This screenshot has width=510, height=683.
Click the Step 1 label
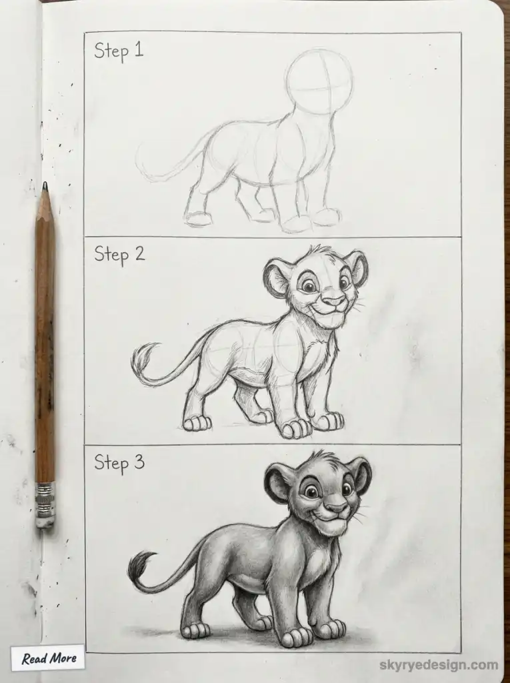coord(119,51)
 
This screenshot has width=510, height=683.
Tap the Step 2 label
coord(119,254)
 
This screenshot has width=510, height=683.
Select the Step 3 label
coord(119,462)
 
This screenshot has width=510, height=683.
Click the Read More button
coord(48,658)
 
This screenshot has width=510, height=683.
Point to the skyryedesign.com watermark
coord(439,665)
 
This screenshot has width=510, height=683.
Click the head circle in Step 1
coord(320,82)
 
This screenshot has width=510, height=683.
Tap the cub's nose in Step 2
coord(334,301)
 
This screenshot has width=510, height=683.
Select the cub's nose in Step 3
coord(337,508)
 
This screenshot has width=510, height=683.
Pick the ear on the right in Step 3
coord(361,474)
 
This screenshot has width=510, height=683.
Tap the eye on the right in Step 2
coord(344,283)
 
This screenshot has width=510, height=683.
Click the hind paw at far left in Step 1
coord(198,218)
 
